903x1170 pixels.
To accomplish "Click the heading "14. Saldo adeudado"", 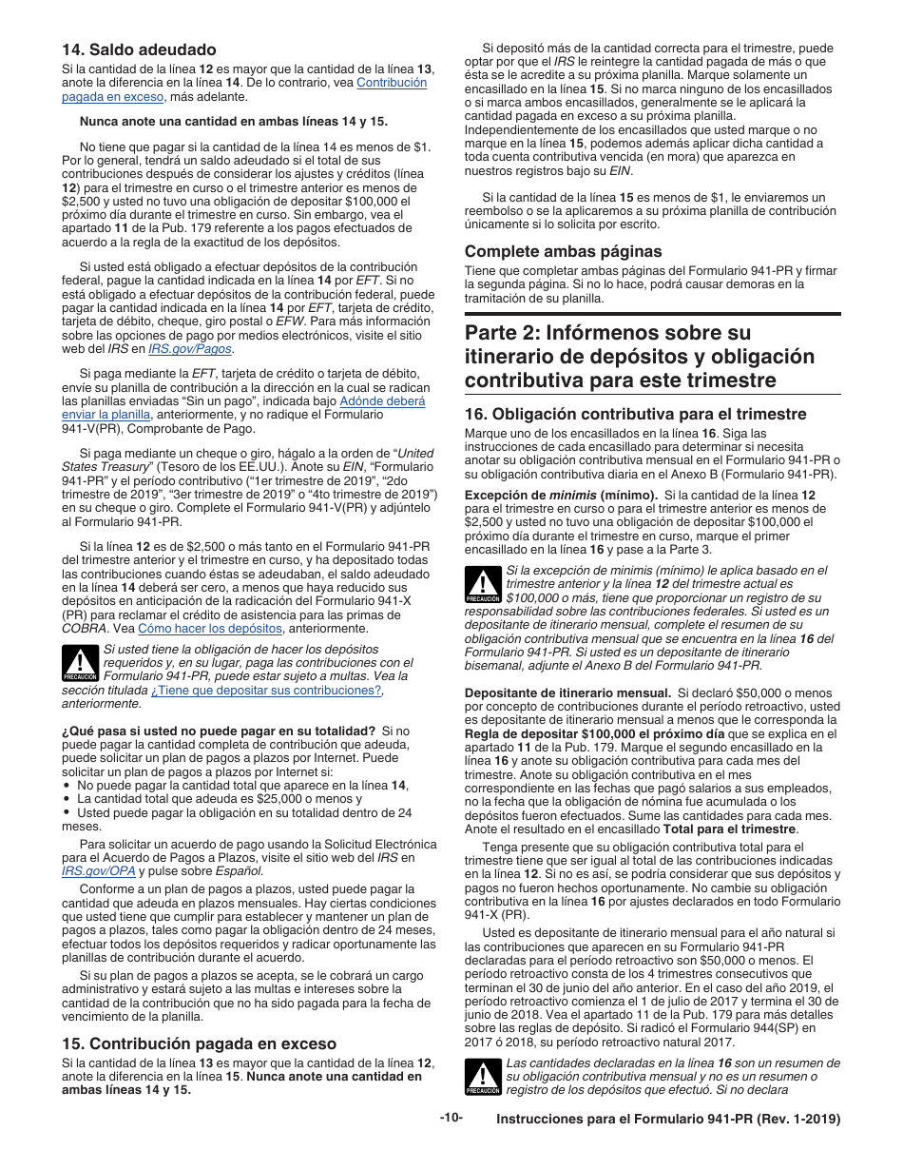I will tap(139, 49).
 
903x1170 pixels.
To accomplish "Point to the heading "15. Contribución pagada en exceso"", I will tap(199, 1043).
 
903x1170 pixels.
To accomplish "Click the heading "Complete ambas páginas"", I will tap(563, 251).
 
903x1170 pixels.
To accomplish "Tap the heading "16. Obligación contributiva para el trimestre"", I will tap(635, 414).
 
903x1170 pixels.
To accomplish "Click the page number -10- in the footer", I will tap(451, 1117).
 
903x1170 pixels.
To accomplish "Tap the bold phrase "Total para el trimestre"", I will tap(728, 829).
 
